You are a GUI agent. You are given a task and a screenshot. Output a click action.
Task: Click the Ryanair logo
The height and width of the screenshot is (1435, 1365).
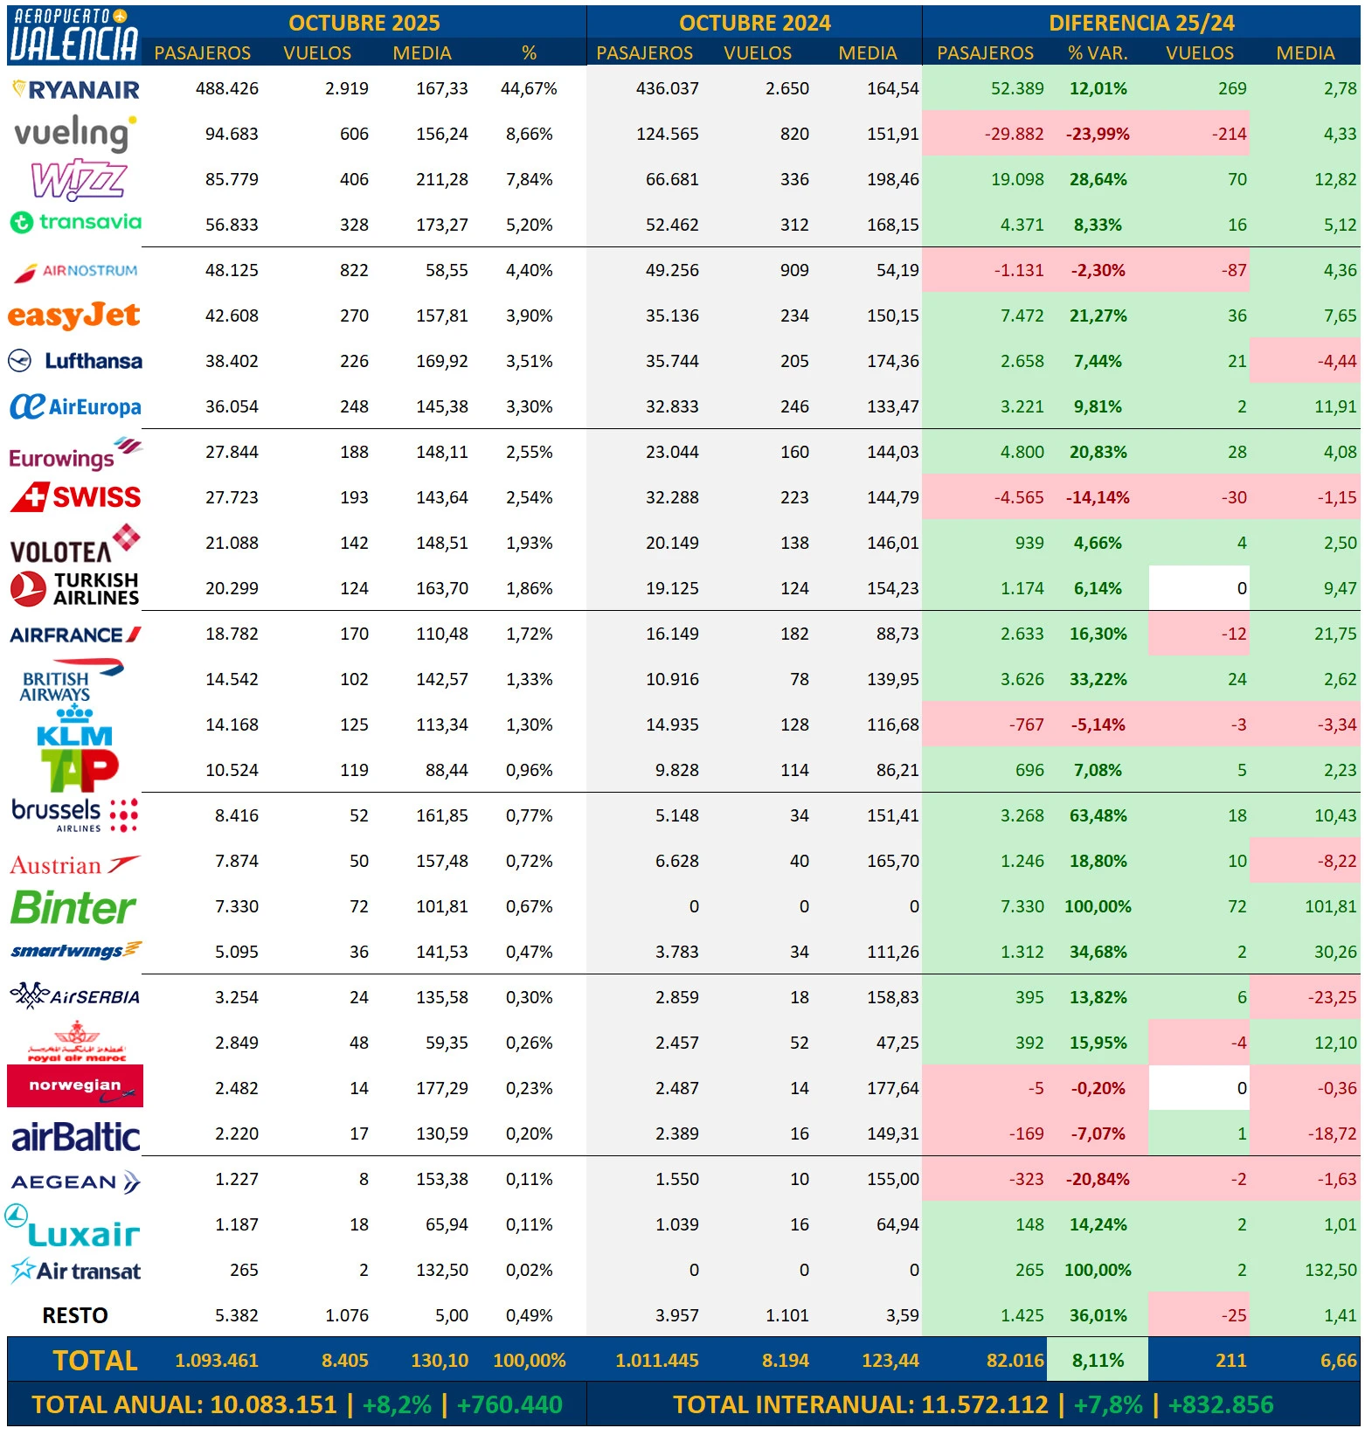pyautogui.click(x=76, y=89)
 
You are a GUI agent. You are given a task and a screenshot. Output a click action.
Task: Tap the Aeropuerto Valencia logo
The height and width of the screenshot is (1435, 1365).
pyautogui.click(x=73, y=35)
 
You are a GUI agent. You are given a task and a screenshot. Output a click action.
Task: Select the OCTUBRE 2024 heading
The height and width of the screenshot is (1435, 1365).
pyautogui.click(x=754, y=23)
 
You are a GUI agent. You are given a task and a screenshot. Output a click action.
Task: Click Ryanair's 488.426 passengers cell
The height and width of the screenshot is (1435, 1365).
pyautogui.click(x=226, y=88)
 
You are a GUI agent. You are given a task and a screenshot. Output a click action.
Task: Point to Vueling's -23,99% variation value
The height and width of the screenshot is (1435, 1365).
pyautogui.click(x=1098, y=134)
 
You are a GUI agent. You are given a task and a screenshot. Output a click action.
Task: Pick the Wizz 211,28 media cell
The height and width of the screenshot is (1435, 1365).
pyautogui.click(x=442, y=179)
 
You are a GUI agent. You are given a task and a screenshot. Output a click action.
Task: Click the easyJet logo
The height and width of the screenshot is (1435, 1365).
pyautogui.click(x=74, y=315)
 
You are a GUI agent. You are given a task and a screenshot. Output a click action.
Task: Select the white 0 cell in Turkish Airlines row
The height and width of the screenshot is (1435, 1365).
pyautogui.click(x=1199, y=588)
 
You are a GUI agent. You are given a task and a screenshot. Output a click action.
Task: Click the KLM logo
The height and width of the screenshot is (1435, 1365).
pyautogui.click(x=74, y=727)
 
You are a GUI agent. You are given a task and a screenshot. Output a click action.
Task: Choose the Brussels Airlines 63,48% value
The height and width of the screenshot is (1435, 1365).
pyautogui.click(x=1098, y=815)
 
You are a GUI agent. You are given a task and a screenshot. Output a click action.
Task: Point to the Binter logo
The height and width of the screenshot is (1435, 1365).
pyautogui.click(x=73, y=908)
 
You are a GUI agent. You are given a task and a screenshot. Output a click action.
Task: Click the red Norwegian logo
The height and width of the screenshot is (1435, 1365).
pyautogui.click(x=75, y=1086)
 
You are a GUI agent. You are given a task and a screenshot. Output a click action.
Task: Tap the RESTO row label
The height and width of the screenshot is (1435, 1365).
pyautogui.click(x=75, y=1315)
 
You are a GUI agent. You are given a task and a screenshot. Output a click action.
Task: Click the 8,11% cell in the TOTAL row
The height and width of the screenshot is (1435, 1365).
pyautogui.click(x=1098, y=1361)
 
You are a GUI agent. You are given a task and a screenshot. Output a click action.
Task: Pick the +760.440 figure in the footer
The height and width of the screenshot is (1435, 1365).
pyautogui.click(x=509, y=1404)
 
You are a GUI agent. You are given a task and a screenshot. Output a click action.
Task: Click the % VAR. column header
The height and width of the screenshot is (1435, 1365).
pyautogui.click(x=1098, y=53)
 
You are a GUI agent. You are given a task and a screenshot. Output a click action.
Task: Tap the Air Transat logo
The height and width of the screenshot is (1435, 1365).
pyautogui.click(x=76, y=1271)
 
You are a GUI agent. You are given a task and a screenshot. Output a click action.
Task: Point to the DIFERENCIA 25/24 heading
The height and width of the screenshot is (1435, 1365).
pyautogui.click(x=1141, y=23)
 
